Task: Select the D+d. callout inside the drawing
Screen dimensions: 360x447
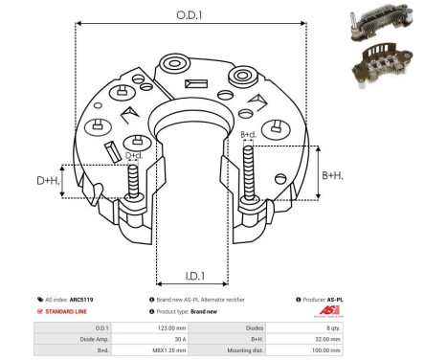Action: pos(135,156)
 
